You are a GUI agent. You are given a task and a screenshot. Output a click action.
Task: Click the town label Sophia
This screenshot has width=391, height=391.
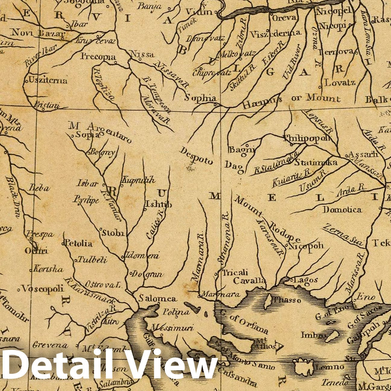tap(200, 98)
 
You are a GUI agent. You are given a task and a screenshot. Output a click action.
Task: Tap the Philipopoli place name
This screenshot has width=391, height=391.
tap(307, 138)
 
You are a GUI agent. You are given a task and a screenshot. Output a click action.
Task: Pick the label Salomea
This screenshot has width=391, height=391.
tap(157, 298)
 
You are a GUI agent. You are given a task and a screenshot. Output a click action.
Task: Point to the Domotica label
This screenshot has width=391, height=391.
tap(342, 209)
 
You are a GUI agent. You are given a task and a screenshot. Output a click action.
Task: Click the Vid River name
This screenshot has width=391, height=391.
tap(291, 62)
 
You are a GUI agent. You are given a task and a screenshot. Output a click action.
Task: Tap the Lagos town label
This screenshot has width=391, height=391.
tap(306, 280)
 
